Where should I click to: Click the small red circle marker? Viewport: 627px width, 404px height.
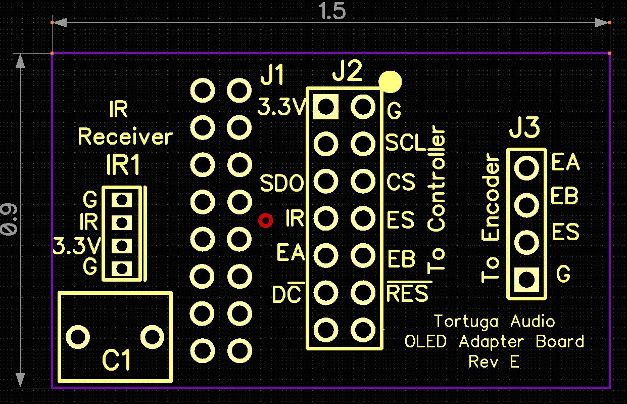[265, 220]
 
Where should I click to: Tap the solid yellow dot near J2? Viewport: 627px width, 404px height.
[390, 81]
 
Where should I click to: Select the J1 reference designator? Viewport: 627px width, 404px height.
[272, 77]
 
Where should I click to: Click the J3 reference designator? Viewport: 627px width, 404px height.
[524, 129]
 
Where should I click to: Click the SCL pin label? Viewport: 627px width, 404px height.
[406, 144]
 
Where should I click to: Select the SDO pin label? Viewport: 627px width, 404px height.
[282, 183]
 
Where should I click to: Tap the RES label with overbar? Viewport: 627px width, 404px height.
[407, 294]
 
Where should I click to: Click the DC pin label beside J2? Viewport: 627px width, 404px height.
[286, 295]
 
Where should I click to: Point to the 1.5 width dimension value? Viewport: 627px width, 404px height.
[331, 12]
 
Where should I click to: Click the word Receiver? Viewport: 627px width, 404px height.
[125, 137]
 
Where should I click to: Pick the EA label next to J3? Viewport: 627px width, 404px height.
[565, 163]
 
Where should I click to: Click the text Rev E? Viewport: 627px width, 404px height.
[494, 362]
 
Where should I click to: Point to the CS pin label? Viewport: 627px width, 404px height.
[401, 182]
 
